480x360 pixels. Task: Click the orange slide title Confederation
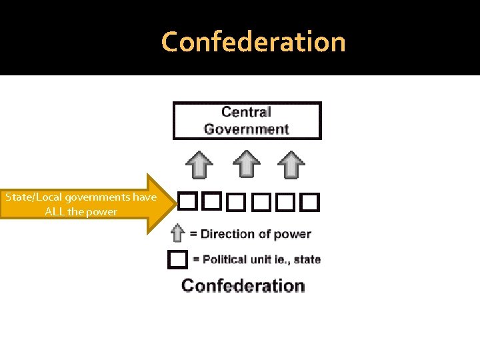tap(253, 42)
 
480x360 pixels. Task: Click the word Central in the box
tap(246, 112)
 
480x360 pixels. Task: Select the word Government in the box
tap(246, 129)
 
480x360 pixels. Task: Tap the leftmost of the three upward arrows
tap(199, 164)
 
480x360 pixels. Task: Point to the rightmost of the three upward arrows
tap(291, 164)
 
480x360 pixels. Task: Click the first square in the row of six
tap(187, 201)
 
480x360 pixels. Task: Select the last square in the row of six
tap(309, 201)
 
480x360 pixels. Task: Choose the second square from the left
tap(211, 201)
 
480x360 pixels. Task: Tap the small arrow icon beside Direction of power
tap(177, 233)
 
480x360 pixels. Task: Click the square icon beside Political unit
tap(177, 259)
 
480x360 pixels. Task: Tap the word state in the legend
tap(307, 259)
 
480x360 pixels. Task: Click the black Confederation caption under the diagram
tap(243, 285)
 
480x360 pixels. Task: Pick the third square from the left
tap(236, 201)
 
